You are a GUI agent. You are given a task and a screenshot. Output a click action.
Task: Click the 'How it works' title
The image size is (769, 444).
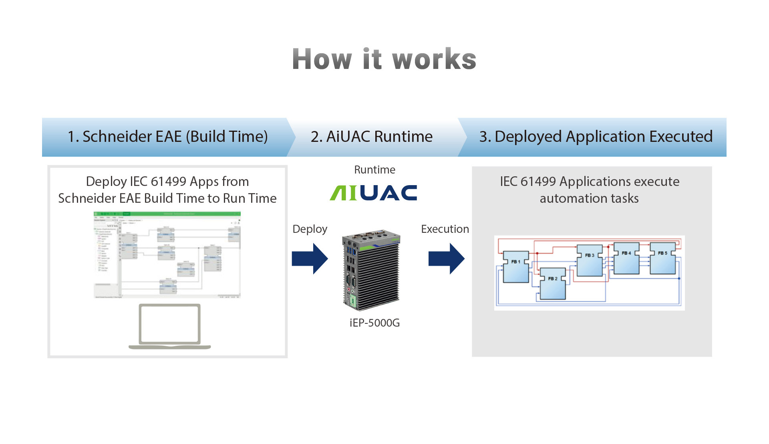384,59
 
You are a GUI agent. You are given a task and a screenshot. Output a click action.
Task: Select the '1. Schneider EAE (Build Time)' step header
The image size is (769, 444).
167,137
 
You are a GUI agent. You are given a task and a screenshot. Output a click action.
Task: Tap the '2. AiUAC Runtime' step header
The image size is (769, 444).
371,137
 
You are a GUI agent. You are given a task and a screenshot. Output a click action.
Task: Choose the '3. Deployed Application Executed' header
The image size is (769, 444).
596,137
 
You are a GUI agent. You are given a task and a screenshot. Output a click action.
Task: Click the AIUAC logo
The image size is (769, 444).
373,193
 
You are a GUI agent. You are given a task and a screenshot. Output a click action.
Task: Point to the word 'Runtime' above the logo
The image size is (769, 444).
374,170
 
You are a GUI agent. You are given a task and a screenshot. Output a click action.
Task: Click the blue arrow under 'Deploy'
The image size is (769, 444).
310,258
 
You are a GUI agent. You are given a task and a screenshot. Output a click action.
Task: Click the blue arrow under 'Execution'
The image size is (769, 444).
446,258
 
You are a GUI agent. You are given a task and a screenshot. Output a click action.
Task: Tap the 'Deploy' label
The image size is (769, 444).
310,229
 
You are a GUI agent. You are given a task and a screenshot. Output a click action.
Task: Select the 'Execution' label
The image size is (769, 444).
445,229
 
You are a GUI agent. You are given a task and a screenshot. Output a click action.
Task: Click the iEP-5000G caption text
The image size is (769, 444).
374,323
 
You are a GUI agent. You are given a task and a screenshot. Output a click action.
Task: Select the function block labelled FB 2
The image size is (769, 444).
553,284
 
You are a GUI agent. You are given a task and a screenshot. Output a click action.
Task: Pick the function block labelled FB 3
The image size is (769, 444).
590,260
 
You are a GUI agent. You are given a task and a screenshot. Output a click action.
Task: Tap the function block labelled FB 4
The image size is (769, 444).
626,258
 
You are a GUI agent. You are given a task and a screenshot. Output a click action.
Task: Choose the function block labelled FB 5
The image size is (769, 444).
663,258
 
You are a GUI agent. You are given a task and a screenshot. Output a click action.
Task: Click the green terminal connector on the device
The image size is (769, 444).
353,301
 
